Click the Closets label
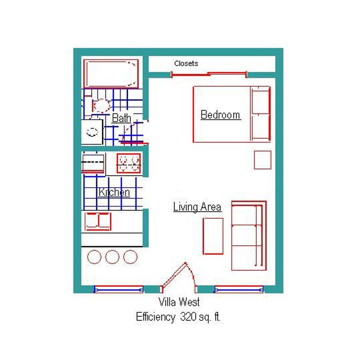[186, 63]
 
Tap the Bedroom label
[220, 115]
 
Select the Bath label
[121, 118]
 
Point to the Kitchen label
[114, 192]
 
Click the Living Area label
[197, 207]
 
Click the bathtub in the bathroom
[111, 74]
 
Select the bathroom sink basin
[92, 132]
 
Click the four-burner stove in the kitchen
[129, 163]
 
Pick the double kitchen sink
[98, 221]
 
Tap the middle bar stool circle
[112, 256]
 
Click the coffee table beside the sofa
[213, 236]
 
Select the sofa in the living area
[249, 235]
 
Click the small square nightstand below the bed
[263, 160]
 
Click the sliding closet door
[209, 74]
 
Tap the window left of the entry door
[119, 289]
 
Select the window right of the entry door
[239, 289]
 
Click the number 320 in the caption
[188, 317]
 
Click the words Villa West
[179, 302]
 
